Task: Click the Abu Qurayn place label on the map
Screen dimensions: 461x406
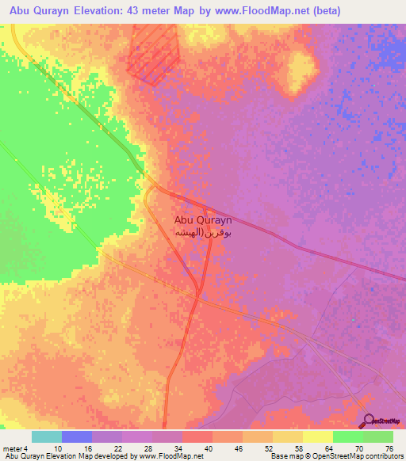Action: (202, 222)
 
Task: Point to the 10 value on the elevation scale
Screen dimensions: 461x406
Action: (59, 448)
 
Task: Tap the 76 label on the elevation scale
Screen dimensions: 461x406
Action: (389, 448)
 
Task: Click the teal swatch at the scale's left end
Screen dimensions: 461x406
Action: (47, 436)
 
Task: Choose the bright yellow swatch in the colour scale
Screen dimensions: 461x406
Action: (317, 436)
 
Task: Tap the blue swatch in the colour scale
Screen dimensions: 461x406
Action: (77, 436)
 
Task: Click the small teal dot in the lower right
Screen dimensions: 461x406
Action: (353, 320)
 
